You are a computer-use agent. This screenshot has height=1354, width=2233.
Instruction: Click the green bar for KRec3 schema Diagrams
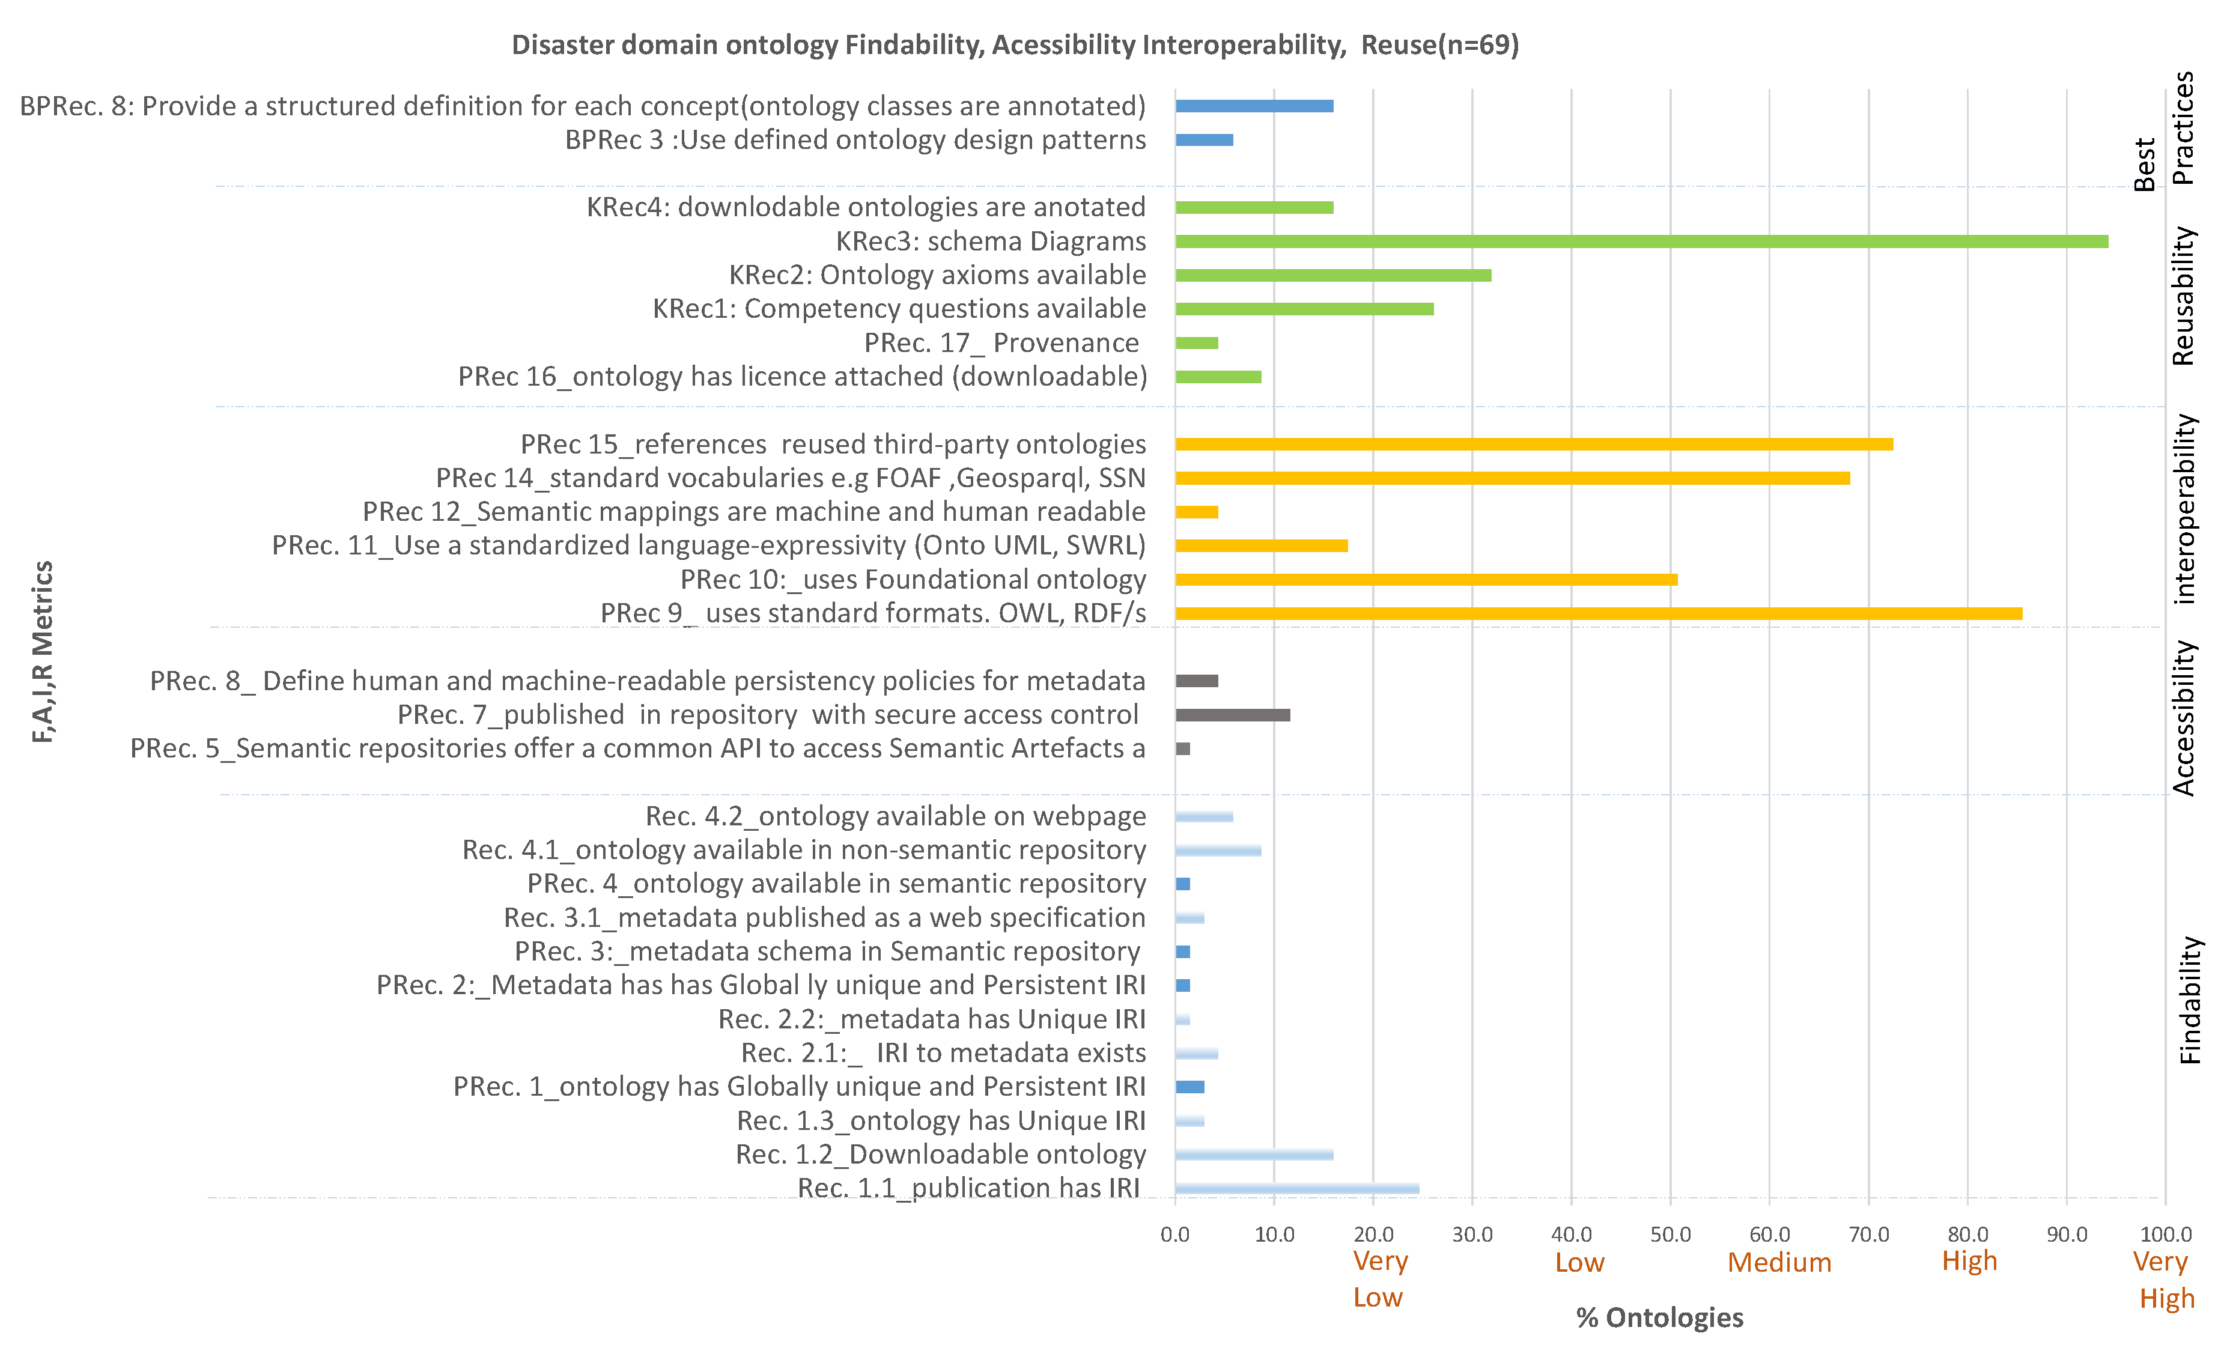pyautogui.click(x=1640, y=241)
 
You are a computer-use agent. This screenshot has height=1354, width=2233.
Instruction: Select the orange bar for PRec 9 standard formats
pyautogui.click(x=1598, y=613)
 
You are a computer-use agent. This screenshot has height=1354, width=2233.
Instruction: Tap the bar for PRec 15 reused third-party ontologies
pyautogui.click(x=1533, y=444)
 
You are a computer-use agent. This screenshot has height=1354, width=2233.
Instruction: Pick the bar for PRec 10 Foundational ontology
pyautogui.click(x=1426, y=580)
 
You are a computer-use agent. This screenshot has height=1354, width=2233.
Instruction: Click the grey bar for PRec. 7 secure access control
pyautogui.click(x=1233, y=715)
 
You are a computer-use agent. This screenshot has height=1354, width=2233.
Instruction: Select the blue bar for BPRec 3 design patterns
pyautogui.click(x=1203, y=139)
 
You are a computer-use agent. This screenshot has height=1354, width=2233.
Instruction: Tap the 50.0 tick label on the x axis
pyautogui.click(x=1670, y=1234)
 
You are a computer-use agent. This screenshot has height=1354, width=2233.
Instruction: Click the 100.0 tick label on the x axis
pyautogui.click(x=2165, y=1234)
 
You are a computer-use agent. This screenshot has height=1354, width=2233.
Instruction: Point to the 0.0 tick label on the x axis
pyautogui.click(x=1176, y=1234)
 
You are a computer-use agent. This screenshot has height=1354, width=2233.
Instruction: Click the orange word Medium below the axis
pyautogui.click(x=1779, y=1263)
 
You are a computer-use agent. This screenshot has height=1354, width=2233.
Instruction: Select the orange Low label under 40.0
pyautogui.click(x=1579, y=1263)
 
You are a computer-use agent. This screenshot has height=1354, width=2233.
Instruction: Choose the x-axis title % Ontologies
pyautogui.click(x=1659, y=1318)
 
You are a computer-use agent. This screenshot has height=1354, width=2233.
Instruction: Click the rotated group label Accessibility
pyautogui.click(x=2184, y=718)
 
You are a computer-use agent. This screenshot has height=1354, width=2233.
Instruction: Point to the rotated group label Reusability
pyautogui.click(x=2184, y=296)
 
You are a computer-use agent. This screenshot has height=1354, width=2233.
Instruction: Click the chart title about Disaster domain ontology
pyautogui.click(x=1015, y=44)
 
